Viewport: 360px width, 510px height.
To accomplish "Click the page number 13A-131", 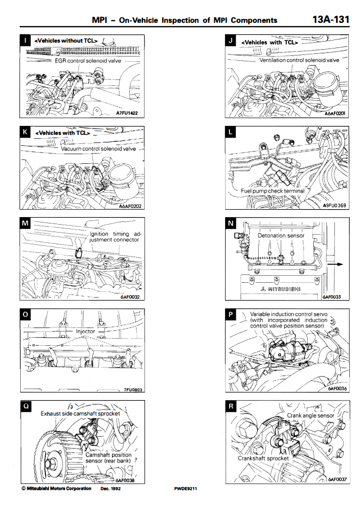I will (331, 20).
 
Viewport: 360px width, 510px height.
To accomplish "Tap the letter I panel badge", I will (26, 41).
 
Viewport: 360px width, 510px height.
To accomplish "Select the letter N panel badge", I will (231, 224).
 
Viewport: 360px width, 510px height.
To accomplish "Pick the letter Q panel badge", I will (26, 407).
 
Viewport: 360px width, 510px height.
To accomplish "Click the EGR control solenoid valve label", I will (89, 61).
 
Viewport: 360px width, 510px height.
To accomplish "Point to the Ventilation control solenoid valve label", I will (299, 60).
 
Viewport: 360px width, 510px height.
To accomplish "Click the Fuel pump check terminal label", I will (273, 190).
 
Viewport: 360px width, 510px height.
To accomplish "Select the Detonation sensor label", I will (281, 235).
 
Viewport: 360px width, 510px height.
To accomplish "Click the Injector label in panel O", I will (85, 331).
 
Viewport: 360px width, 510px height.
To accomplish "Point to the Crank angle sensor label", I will (310, 415).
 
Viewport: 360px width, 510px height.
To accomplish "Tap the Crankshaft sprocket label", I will (263, 458).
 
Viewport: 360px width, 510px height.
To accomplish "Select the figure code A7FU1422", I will (127, 113).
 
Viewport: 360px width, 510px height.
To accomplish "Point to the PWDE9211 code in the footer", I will (185, 488).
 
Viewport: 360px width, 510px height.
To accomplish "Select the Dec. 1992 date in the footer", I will (111, 488).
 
